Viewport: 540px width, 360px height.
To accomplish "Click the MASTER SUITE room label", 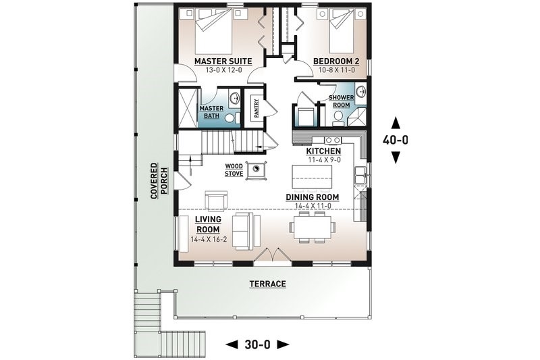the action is pos(223,61).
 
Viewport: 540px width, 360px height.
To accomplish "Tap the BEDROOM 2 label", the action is pos(336,61).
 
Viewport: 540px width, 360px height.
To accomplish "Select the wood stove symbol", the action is pos(256,170).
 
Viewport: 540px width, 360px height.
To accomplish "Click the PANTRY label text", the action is pos(256,109).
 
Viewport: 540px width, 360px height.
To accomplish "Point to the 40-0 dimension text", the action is pos(396,140).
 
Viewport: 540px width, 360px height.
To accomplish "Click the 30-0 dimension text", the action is pos(257,344).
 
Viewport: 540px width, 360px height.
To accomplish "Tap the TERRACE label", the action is pos(267,284).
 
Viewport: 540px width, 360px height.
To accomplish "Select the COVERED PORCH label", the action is pos(159,181).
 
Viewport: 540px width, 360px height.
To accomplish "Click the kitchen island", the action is pos(312,177).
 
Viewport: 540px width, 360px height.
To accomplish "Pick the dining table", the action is pos(313,227).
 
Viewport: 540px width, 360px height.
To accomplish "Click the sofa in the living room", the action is pos(246,231).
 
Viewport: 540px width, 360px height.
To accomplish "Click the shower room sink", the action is pos(361,91).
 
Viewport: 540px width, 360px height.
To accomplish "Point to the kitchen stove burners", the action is pos(333,140).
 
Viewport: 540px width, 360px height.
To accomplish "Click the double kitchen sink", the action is pos(360,175).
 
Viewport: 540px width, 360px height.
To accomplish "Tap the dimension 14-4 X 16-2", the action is pos(209,240).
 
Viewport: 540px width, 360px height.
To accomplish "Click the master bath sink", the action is pos(235,97).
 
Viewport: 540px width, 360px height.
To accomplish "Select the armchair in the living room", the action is pos(216,200).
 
